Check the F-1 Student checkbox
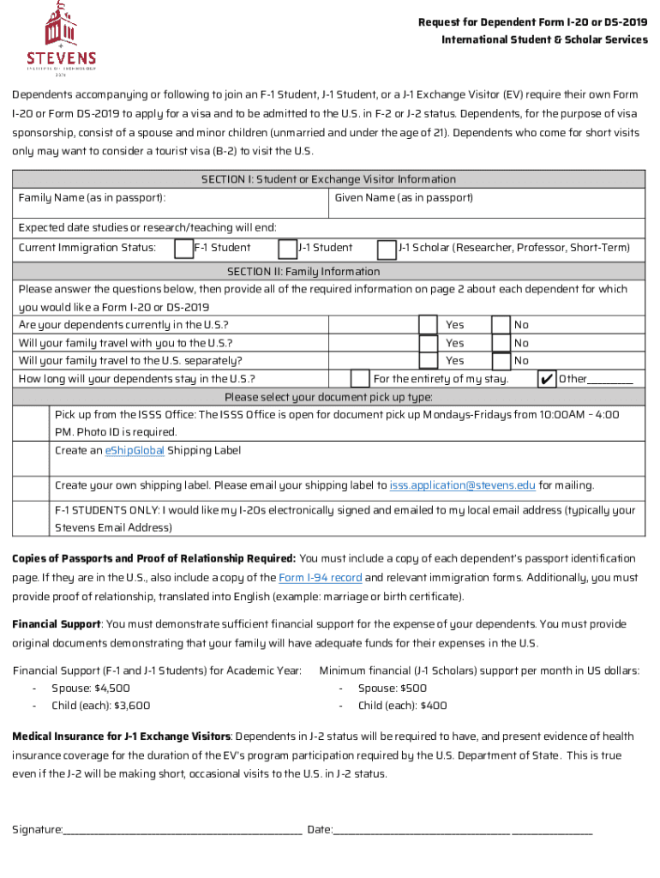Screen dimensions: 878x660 click(183, 249)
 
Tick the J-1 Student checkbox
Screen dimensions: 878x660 click(287, 249)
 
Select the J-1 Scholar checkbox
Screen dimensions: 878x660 click(387, 249)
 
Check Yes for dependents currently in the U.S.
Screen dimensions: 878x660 click(428, 325)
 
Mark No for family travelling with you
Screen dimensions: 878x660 click(501, 343)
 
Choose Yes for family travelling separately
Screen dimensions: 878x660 click(428, 361)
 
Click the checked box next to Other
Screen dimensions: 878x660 click(546, 379)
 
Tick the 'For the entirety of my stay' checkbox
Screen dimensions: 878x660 click(361, 379)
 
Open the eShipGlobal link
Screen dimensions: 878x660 click(134, 451)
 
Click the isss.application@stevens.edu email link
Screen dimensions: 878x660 click(462, 486)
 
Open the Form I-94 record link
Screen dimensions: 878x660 click(321, 578)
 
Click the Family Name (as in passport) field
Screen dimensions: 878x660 click(171, 206)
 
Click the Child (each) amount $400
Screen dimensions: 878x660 click(433, 707)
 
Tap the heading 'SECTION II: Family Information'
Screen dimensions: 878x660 click(329, 272)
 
